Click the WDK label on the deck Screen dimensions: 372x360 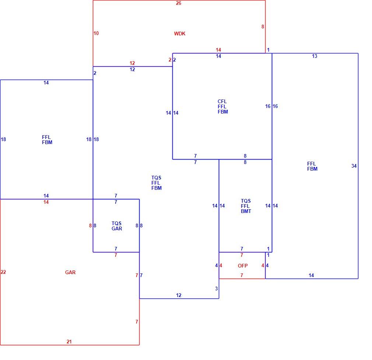pyautogui.click(x=180, y=34)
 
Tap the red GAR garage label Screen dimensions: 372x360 pyautogui.click(x=70, y=272)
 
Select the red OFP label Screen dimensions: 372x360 pyautogui.click(x=243, y=266)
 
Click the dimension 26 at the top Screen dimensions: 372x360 pyautogui.click(x=179, y=3)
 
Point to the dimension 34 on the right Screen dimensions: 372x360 pyautogui.click(x=354, y=166)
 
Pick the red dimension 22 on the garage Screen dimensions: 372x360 pyautogui.click(x=3, y=272)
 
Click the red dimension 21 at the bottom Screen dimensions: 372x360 pyautogui.click(x=69, y=342)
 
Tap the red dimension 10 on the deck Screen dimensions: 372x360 pyautogui.click(x=96, y=33)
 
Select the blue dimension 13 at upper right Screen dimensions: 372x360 pyautogui.click(x=315, y=56)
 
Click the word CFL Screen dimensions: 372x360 pyautogui.click(x=222, y=101)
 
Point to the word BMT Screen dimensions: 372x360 pyautogui.click(x=246, y=211)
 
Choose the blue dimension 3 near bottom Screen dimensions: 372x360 pyautogui.click(x=216, y=289)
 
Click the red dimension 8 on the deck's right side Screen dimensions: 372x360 pyautogui.click(x=263, y=27)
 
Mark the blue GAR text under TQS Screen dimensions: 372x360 pyautogui.click(x=117, y=228)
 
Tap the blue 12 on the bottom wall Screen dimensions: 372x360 pyautogui.click(x=179, y=295)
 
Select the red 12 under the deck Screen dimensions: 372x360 pyautogui.click(x=132, y=63)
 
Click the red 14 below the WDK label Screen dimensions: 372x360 pyautogui.click(x=218, y=50)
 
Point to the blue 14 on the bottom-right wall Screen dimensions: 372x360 pyautogui.click(x=311, y=275)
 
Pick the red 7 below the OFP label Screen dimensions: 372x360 pyautogui.click(x=242, y=275)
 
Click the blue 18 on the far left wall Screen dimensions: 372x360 pyautogui.click(x=3, y=139)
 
